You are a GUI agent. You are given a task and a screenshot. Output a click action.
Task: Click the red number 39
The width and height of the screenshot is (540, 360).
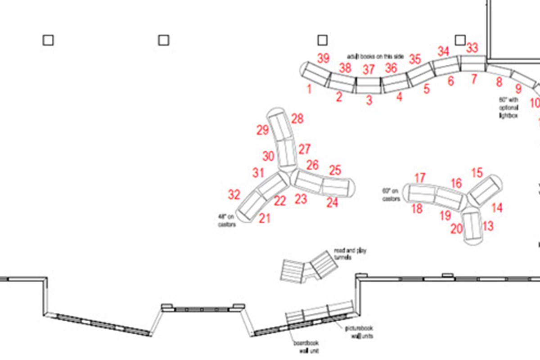tap(324, 58)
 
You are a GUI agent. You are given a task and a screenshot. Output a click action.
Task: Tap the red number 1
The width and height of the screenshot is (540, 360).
tap(309, 89)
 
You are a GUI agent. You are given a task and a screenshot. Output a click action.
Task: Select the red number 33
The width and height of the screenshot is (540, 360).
tap(472, 48)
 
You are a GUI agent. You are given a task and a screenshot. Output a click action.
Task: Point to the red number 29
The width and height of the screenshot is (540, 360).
tap(263, 131)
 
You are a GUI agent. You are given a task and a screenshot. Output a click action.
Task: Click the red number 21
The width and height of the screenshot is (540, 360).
tap(265, 219)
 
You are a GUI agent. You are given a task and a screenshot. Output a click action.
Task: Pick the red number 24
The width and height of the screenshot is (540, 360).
tap(332, 203)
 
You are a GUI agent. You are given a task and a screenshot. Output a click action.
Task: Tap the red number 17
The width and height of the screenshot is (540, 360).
tap(420, 178)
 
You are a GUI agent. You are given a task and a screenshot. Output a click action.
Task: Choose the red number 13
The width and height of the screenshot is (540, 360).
tap(487, 226)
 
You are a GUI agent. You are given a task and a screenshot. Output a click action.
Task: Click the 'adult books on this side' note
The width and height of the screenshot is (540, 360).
tap(375, 56)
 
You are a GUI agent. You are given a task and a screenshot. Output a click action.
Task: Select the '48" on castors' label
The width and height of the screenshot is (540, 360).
tap(227, 220)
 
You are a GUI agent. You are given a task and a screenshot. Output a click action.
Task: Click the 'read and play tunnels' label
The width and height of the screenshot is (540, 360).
tap(350, 253)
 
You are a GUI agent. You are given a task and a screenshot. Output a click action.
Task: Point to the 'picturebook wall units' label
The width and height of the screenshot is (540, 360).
tap(359, 332)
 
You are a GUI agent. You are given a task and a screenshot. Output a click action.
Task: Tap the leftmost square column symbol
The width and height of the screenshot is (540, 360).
tap(48, 40)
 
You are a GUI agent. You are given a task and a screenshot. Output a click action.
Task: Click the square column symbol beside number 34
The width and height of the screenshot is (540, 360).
tap(459, 40)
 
